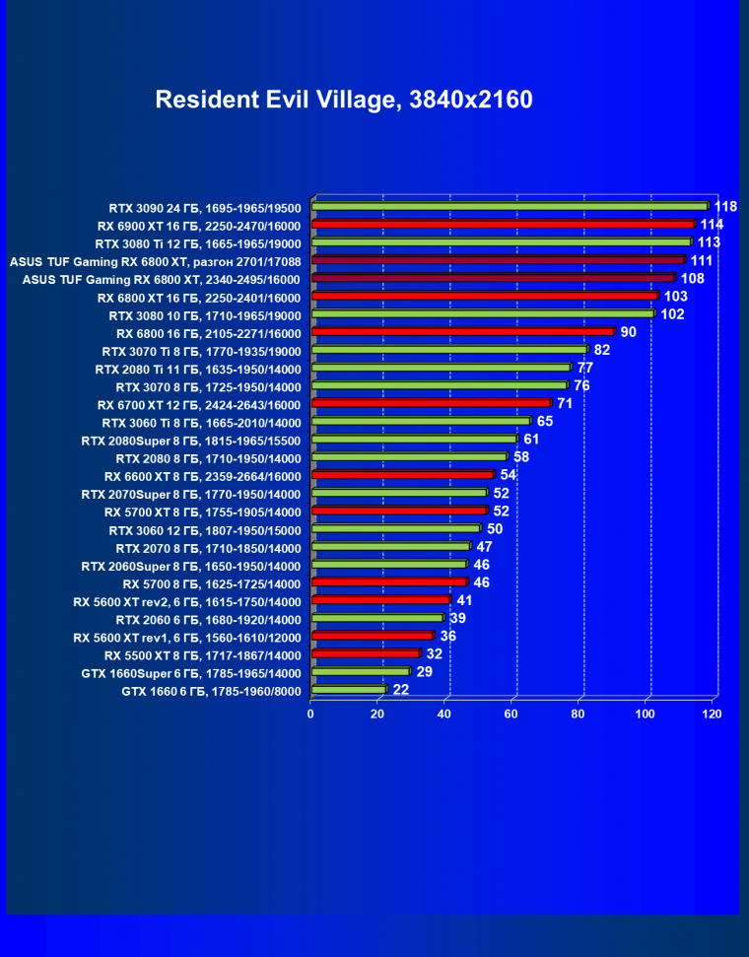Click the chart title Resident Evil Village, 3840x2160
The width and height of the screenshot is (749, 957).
[344, 100]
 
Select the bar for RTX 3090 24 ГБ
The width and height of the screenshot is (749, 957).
[510, 206]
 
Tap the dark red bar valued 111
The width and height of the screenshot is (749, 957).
[498, 260]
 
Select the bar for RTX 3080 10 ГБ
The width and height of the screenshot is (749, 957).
[483, 313]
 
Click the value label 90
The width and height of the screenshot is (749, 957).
[629, 332]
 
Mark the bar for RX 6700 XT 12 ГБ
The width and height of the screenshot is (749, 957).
[431, 403]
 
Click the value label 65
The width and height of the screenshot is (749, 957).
[545, 422]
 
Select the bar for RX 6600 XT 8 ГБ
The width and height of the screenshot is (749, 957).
[402, 475]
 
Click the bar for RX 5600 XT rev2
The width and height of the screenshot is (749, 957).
[380, 600]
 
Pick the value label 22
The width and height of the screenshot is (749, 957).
[401, 690]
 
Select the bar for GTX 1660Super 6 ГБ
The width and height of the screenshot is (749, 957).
[360, 672]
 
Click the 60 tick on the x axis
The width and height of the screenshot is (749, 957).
[511, 714]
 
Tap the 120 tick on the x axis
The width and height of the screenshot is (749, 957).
[712, 714]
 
